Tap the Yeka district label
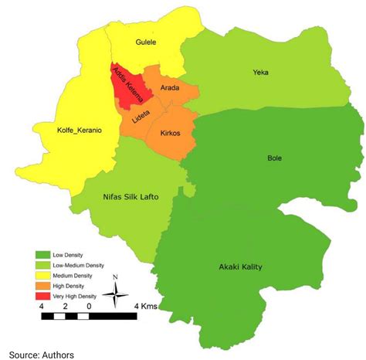[261, 73]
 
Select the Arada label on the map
[169, 88]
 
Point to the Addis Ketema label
[129, 87]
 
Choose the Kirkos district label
[170, 133]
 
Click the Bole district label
[274, 158]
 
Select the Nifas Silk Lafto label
[130, 197]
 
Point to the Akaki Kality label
[241, 267]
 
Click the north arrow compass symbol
[115, 293]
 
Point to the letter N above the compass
[115, 277]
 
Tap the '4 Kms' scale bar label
[146, 307]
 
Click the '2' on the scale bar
[65, 307]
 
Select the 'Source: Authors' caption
[42, 353]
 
